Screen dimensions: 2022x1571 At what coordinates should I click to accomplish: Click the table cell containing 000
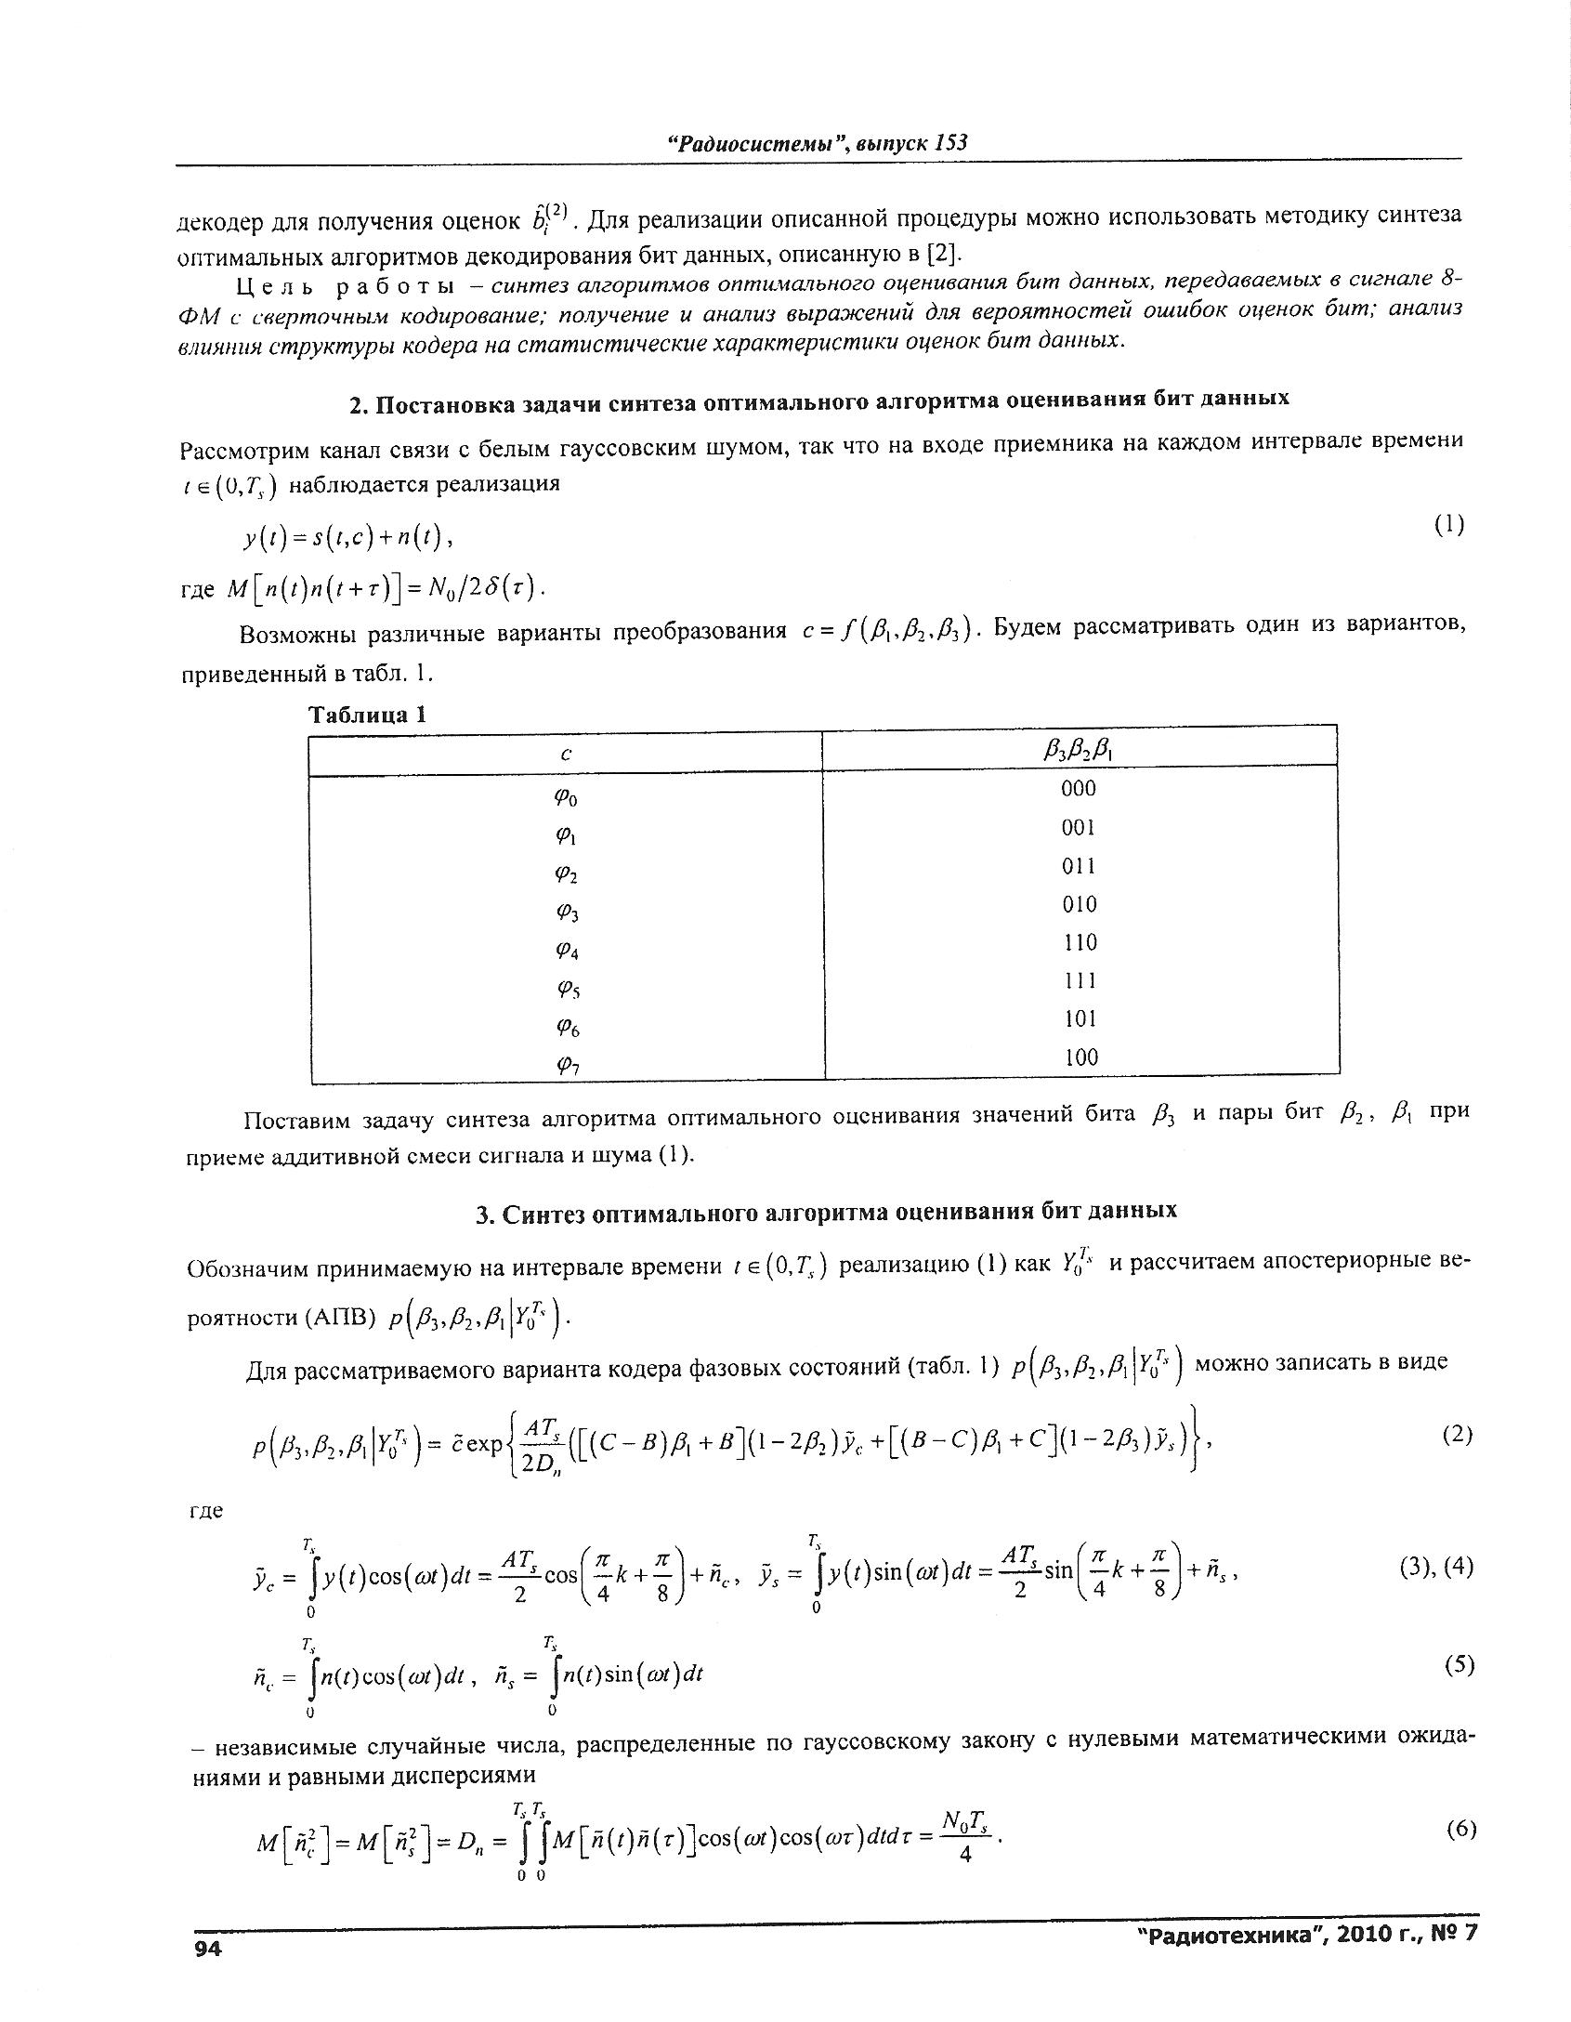[x=1079, y=789]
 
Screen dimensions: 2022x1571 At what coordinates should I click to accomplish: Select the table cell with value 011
[x=1079, y=866]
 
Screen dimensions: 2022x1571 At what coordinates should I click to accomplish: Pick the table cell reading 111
[x=1079, y=981]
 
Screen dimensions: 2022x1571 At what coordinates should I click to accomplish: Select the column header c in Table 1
[x=565, y=755]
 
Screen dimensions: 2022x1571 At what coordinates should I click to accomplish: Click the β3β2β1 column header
[x=1079, y=750]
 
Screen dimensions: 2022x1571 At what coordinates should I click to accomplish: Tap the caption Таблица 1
[x=367, y=715]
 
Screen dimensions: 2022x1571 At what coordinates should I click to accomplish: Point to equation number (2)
[x=1457, y=1435]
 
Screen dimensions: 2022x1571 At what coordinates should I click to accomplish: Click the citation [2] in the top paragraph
[x=938, y=254]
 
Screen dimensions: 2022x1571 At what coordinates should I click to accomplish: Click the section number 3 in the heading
[x=483, y=1211]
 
